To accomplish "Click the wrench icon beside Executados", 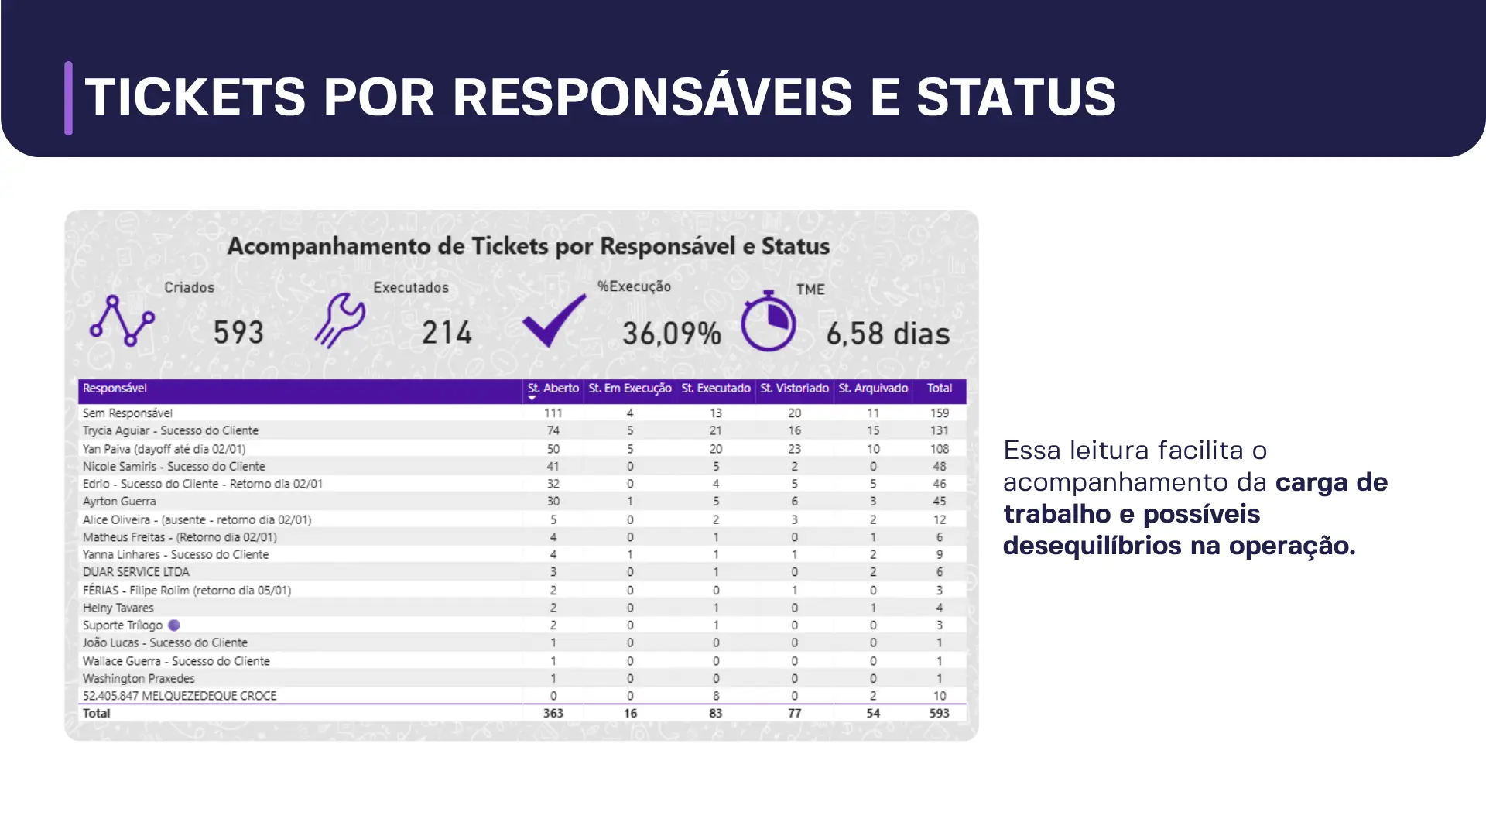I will (x=340, y=320).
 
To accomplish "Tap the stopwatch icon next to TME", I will (x=768, y=321).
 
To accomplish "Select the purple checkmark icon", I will (x=554, y=320).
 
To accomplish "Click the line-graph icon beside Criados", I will (x=122, y=320).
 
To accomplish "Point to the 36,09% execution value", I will (x=672, y=334).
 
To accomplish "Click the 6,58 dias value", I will (x=888, y=334).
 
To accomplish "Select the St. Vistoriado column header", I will (x=794, y=389).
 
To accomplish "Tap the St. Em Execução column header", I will (x=629, y=389).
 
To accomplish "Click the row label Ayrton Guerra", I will (x=119, y=502).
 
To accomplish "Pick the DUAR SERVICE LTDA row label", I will (x=136, y=572).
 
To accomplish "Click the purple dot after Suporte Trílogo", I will (x=174, y=625).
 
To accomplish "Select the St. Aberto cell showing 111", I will (x=553, y=413).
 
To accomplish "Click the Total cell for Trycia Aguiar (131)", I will (x=939, y=430).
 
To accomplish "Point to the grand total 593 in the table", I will (x=939, y=713).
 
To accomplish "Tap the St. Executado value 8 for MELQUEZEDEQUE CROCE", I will (x=716, y=696).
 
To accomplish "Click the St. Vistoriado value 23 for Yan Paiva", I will (x=794, y=449).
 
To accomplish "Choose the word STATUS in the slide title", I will (x=1015, y=98).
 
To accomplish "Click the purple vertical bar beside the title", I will (x=69, y=98).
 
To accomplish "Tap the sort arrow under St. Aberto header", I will (x=532, y=398).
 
